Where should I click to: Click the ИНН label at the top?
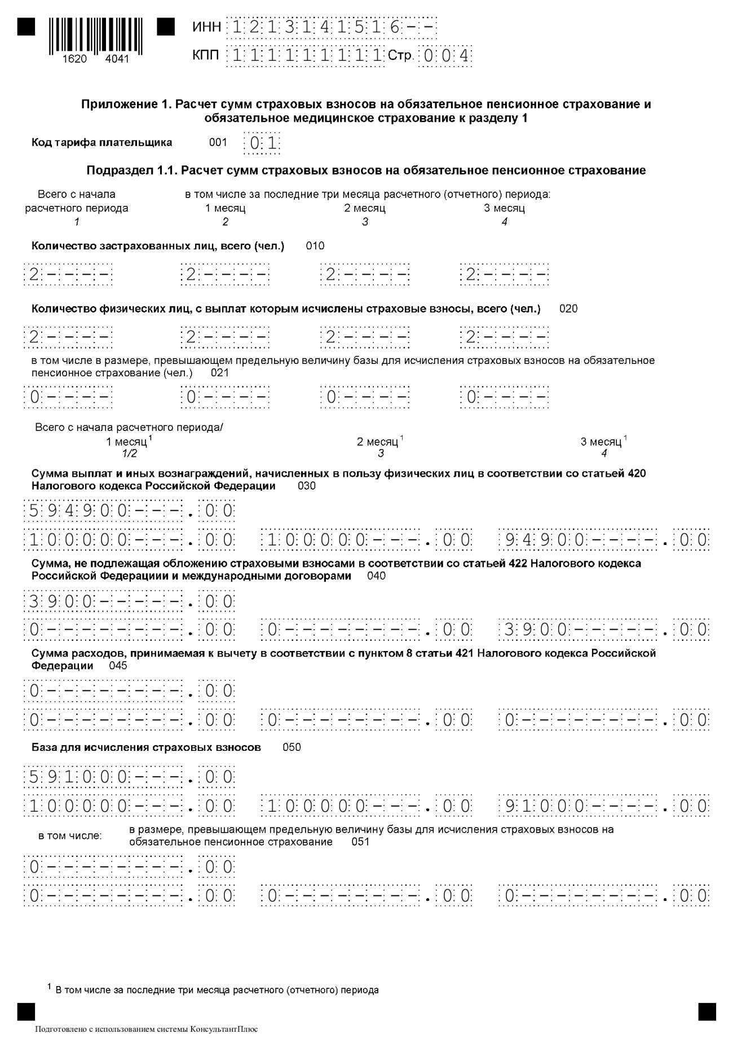(206, 27)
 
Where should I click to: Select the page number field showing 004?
(445, 56)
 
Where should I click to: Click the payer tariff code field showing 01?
(262, 143)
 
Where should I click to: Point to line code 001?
(218, 143)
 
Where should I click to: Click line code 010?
(315, 246)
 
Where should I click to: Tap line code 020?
(568, 309)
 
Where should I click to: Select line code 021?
(220, 373)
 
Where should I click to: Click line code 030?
(307, 486)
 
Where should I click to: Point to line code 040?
(376, 576)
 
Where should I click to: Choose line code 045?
(118, 666)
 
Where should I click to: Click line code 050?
(292, 747)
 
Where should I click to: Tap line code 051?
(360, 842)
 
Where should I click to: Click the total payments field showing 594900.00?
(129, 512)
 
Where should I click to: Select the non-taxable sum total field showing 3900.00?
(129, 601)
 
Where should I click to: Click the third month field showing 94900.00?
(604, 540)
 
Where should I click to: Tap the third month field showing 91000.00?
(604, 806)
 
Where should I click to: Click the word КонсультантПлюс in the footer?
(224, 1029)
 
